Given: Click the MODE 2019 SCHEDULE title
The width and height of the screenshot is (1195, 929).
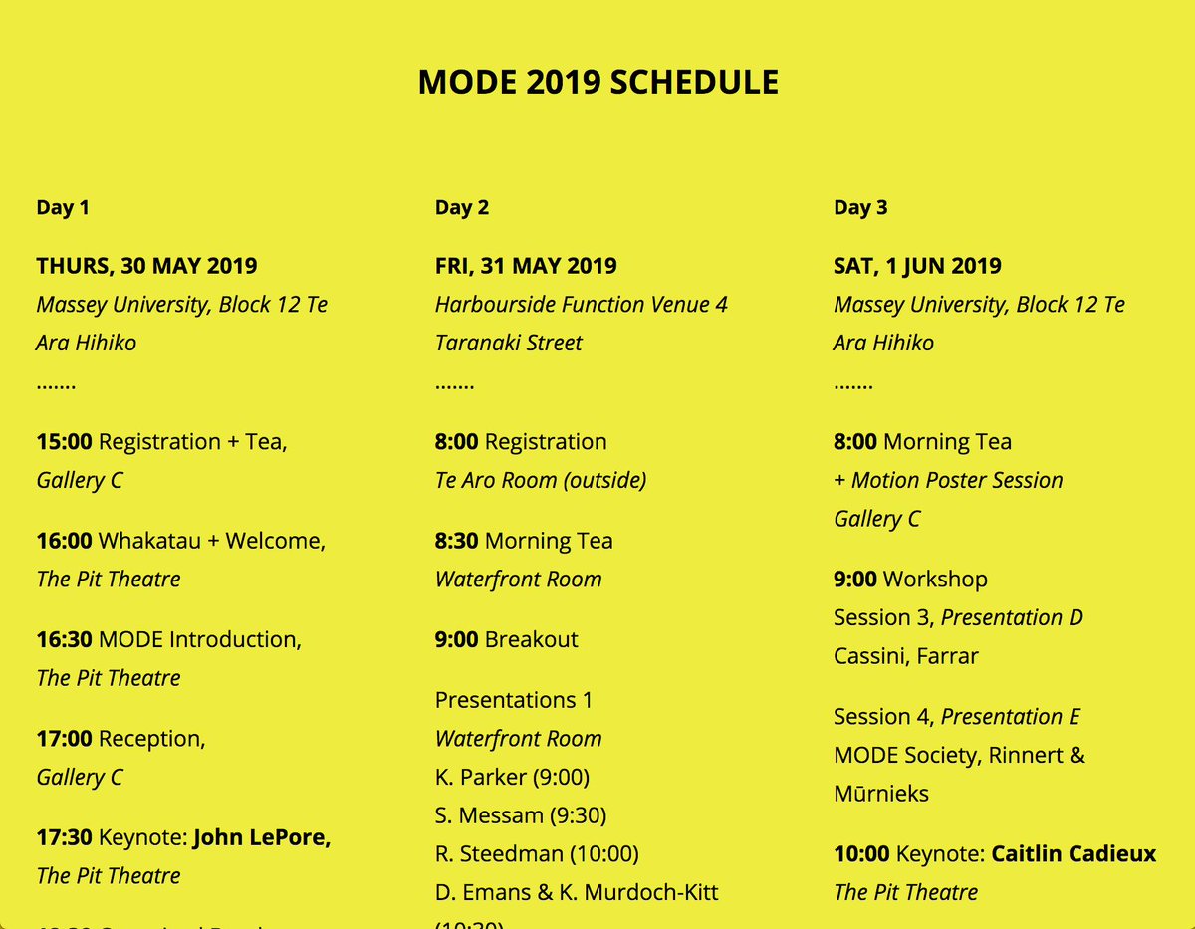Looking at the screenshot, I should (x=597, y=82).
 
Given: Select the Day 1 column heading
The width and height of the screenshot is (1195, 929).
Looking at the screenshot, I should (x=63, y=208).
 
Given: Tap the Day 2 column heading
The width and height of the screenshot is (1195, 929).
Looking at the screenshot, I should (x=462, y=208).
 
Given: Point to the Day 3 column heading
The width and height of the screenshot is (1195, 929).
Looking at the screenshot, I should (x=860, y=208).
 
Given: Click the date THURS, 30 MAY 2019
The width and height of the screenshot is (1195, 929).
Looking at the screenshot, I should (x=146, y=266).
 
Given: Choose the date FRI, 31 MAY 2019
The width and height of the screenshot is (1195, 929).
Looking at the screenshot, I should (x=526, y=266).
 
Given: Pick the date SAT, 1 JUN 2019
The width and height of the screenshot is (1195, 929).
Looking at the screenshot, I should (x=917, y=266).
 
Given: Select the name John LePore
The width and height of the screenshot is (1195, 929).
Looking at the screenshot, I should (x=262, y=837).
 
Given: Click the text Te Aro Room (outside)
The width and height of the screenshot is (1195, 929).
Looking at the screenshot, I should (x=541, y=480).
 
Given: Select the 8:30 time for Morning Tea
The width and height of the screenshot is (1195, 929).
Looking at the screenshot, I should (x=457, y=541).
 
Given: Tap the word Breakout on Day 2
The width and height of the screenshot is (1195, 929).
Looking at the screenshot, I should (x=531, y=639).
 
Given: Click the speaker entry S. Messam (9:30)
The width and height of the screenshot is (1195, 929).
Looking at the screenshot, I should (x=521, y=815).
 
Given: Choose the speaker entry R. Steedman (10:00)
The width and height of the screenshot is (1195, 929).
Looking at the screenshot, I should (x=537, y=854).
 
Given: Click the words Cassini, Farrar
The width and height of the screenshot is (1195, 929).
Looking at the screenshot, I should (x=906, y=656).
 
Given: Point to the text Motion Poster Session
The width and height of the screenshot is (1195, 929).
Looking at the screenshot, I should (x=956, y=480).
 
